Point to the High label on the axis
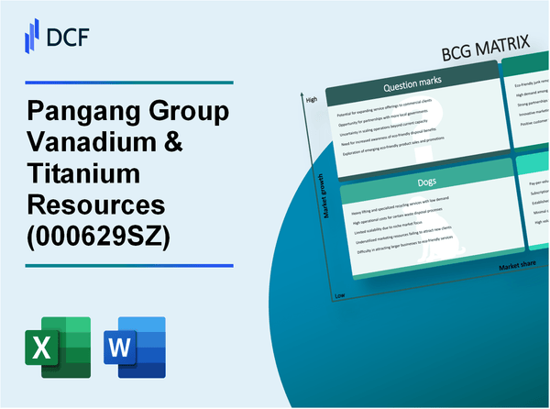click(311, 98)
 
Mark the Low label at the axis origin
click(339, 294)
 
